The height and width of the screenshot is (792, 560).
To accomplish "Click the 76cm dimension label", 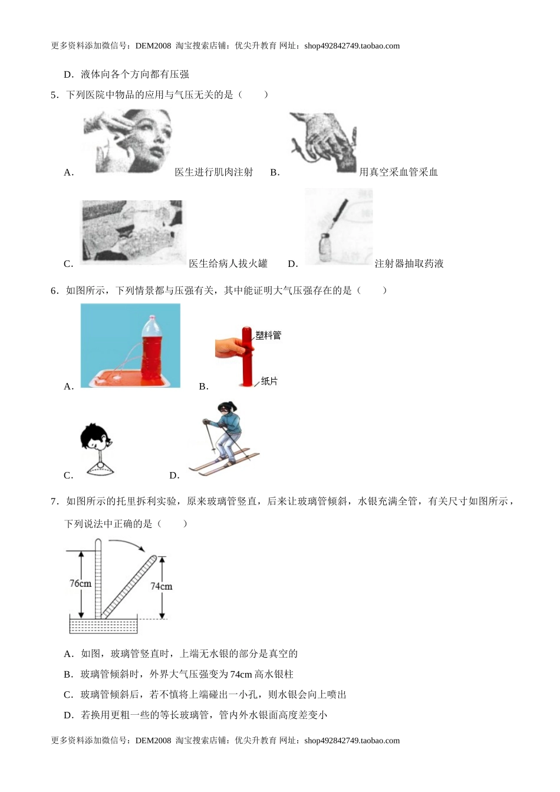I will [80, 583].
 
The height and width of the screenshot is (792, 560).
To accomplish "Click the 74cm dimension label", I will [161, 586].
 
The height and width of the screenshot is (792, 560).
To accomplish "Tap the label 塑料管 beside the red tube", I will [268, 335].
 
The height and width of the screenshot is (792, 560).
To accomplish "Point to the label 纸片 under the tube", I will [269, 381].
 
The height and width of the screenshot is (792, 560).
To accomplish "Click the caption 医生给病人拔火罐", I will [228, 264].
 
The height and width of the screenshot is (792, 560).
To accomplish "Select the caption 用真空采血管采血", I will [398, 172].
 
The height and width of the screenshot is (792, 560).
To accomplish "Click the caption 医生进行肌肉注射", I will [213, 172].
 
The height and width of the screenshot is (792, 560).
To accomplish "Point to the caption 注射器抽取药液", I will [409, 264].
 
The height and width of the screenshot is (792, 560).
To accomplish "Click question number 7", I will [54, 501].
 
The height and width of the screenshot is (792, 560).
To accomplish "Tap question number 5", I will [54, 94].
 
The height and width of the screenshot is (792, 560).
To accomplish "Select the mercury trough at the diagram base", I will [104, 625].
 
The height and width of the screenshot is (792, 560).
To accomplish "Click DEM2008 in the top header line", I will [153, 46].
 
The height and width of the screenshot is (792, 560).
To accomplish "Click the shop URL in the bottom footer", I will [352, 741].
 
